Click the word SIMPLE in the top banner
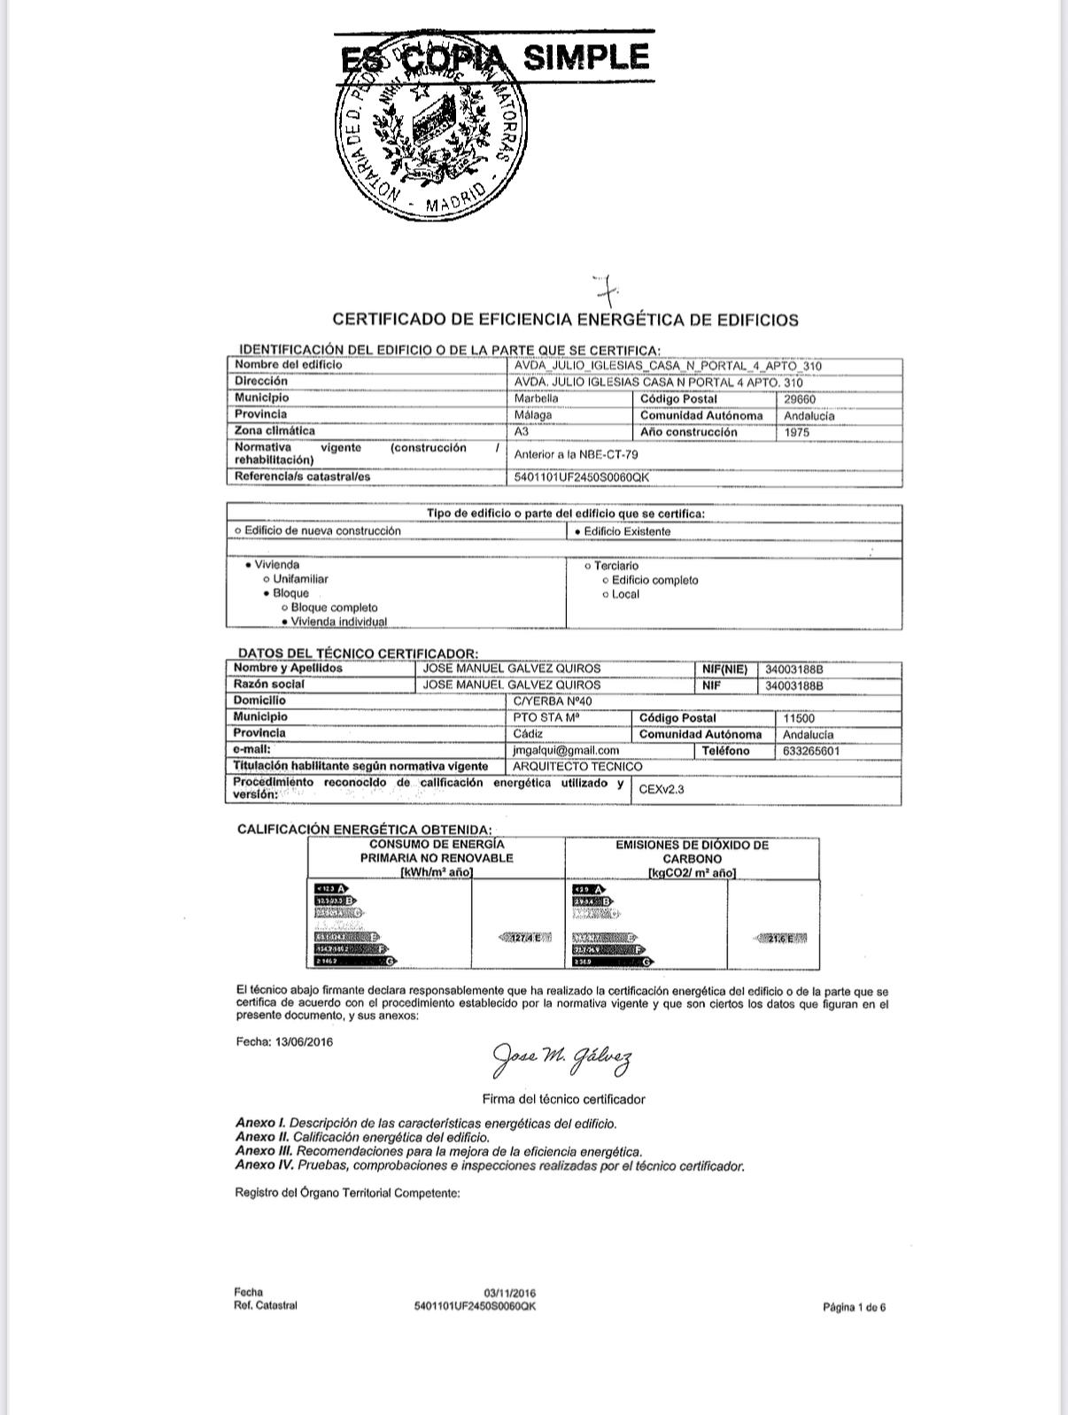(x=586, y=58)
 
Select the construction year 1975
(x=796, y=432)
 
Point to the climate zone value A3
(x=522, y=432)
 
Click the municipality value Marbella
(x=537, y=398)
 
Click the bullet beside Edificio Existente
(x=578, y=531)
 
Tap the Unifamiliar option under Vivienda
(x=300, y=579)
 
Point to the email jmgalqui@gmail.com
(x=566, y=750)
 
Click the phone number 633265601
(x=811, y=751)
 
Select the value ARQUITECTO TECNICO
(x=577, y=766)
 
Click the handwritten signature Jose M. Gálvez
(x=561, y=1058)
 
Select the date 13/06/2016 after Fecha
(x=304, y=1042)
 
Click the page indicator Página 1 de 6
(x=854, y=1307)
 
